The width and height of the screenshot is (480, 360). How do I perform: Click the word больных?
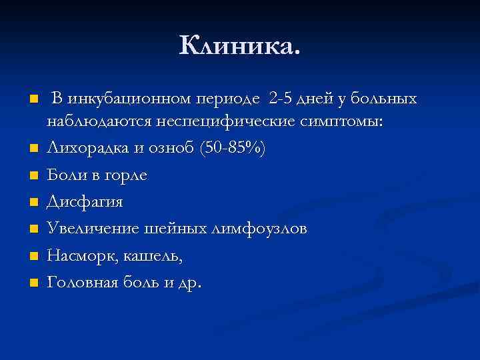click(x=383, y=100)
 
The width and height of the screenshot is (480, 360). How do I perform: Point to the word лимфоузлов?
click(x=259, y=229)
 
